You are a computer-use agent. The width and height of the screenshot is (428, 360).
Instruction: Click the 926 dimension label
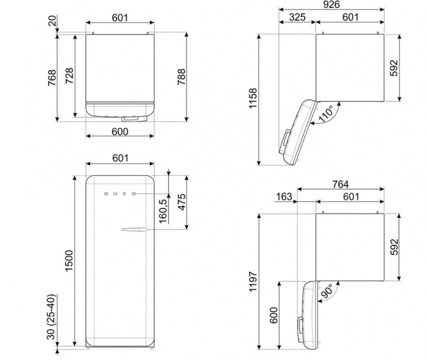point(331,4)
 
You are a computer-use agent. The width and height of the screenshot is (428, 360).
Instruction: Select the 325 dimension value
point(297,17)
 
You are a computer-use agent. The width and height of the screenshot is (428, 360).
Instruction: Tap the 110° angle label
point(326,113)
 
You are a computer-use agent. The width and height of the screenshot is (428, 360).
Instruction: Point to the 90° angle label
point(327,291)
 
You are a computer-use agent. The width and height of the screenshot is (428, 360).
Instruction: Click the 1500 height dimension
point(70,261)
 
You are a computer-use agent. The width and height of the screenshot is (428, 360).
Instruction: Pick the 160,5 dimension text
point(163,211)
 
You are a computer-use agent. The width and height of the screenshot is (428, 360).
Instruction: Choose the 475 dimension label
point(181,202)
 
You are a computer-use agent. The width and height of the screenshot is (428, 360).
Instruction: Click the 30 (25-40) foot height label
point(51,317)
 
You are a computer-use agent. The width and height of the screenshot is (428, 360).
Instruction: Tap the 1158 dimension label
point(253,98)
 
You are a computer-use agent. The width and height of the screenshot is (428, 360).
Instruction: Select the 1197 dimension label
point(253,282)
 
